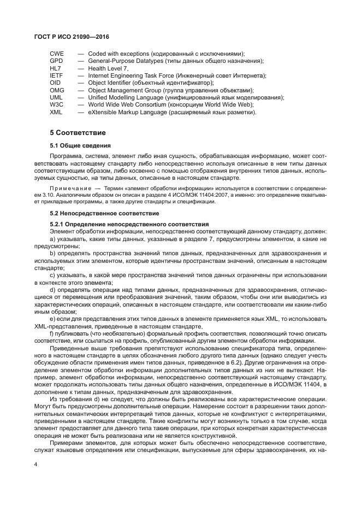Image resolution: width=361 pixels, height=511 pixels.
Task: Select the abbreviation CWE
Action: point(57,54)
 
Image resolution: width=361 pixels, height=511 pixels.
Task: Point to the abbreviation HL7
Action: point(56,68)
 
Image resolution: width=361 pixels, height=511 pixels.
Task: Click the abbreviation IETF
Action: point(56,75)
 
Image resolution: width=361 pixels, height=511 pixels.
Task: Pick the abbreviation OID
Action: point(56,83)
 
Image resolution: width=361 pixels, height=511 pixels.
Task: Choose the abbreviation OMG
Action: point(57,90)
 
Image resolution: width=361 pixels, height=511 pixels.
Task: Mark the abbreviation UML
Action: point(56,97)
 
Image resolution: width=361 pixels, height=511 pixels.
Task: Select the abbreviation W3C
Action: point(57,104)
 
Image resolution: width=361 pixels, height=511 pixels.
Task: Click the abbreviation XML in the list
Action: point(56,112)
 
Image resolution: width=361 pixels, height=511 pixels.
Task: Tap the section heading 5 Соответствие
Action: point(78,133)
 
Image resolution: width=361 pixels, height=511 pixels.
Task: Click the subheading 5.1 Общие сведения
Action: point(80,145)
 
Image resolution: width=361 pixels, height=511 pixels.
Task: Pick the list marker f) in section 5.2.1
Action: point(52,333)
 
